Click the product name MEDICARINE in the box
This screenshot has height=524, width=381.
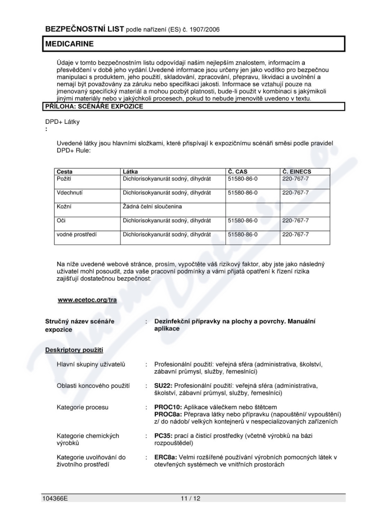coord(70,44)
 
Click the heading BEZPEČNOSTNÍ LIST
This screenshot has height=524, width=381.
coord(84,29)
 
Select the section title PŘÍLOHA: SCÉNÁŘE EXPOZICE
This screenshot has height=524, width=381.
coord(93,106)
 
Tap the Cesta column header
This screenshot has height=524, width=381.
coord(65,171)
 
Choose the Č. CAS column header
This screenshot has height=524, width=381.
coord(238,171)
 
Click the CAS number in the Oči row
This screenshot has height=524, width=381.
coord(243,221)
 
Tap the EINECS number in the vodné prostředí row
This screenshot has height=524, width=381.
coord(295,234)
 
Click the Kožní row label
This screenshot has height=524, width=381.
coord(64,207)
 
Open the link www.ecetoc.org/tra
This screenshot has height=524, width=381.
coord(87,300)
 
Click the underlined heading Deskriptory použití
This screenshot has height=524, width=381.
coord(74,350)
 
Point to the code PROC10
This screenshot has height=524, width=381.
coord(168,407)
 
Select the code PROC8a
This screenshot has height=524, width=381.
coord(168,414)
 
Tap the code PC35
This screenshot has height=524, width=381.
coord(163,435)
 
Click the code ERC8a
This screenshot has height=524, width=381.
coord(166,457)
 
